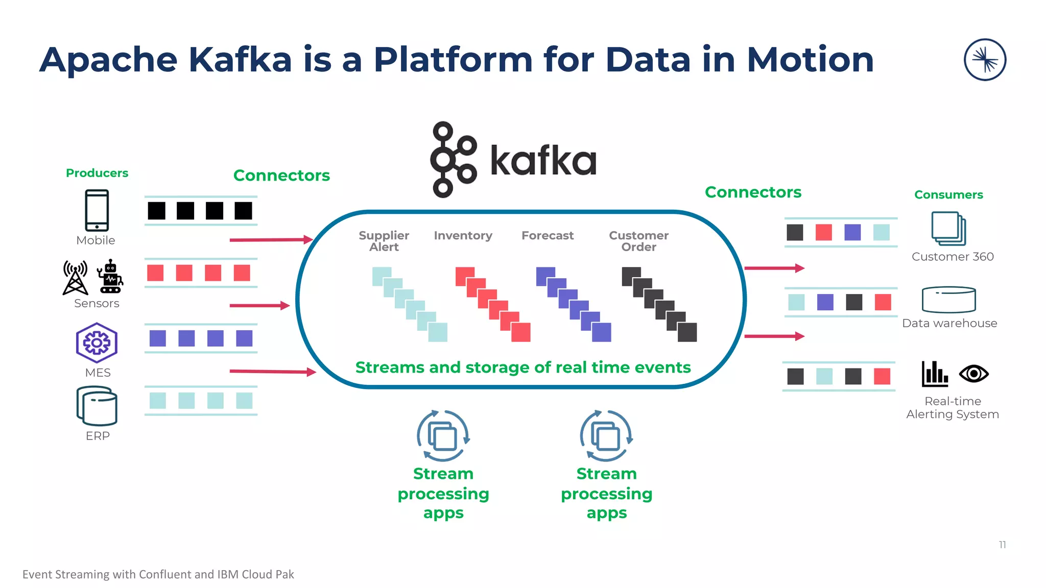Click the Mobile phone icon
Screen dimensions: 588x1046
click(x=97, y=210)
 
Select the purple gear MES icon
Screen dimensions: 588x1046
click(x=97, y=342)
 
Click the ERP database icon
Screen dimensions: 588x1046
click(x=97, y=406)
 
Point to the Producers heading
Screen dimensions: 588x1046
click(x=97, y=173)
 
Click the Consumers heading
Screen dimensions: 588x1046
click(x=948, y=194)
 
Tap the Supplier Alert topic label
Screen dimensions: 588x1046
click(x=384, y=241)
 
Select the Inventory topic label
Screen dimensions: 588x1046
click(x=463, y=235)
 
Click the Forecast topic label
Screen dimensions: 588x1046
click(x=548, y=235)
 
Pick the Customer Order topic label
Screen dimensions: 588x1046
click(x=638, y=241)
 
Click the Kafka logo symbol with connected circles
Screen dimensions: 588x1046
click(x=453, y=159)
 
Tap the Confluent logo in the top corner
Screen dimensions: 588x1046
click(x=985, y=60)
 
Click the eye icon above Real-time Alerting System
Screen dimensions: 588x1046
click(x=973, y=374)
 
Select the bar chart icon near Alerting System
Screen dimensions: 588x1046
click(x=935, y=374)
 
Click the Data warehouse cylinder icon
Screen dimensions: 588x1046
click(x=948, y=299)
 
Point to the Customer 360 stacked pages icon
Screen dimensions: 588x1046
click(x=948, y=229)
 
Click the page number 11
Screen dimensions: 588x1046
click(x=1002, y=545)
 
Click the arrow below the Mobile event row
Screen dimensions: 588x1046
click(x=271, y=239)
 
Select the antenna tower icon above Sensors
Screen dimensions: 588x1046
click(x=75, y=278)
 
